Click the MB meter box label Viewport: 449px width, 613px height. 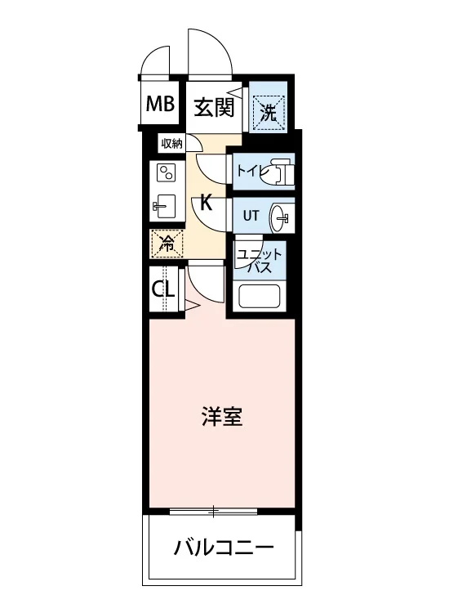click(160, 104)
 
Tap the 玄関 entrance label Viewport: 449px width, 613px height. click(215, 107)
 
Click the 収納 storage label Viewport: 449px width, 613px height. click(171, 144)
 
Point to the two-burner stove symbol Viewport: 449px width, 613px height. click(166, 172)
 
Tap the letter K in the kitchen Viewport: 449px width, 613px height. click(206, 203)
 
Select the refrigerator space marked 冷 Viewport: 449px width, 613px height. click(167, 244)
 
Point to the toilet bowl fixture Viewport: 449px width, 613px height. click(278, 172)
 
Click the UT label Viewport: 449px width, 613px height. click(251, 216)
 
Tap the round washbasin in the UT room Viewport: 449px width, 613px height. click(279, 217)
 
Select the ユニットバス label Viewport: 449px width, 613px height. click(260, 261)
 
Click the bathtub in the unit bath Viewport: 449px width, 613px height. click(260, 297)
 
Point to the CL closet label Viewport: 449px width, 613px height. click(162, 289)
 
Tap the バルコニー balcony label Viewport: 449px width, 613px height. click(224, 548)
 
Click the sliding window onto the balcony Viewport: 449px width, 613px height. click(214, 511)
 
